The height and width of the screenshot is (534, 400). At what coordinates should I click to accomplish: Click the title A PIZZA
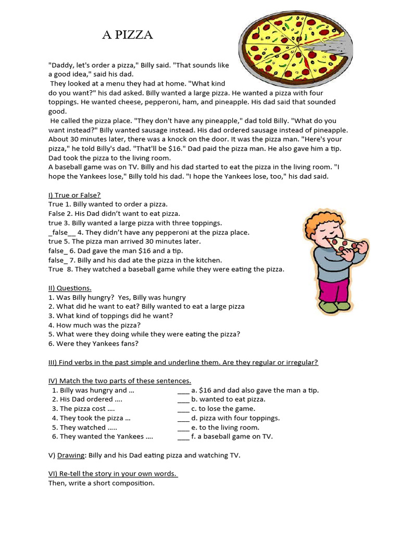[x=127, y=35]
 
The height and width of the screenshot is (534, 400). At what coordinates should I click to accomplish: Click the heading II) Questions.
[x=70, y=288]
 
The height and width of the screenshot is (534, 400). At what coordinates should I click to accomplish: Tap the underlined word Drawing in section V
[x=71, y=455]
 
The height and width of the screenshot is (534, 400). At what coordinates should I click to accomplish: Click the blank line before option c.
[x=183, y=409]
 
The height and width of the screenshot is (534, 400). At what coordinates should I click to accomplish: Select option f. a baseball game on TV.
[x=232, y=436]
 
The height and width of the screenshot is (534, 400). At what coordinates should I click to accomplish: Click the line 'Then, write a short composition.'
[x=102, y=483]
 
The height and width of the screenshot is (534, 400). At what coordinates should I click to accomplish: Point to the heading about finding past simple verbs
[x=183, y=362]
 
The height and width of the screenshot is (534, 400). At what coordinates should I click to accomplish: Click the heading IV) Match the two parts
[x=120, y=381]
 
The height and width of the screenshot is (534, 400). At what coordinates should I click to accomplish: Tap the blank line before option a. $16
[x=183, y=390]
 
